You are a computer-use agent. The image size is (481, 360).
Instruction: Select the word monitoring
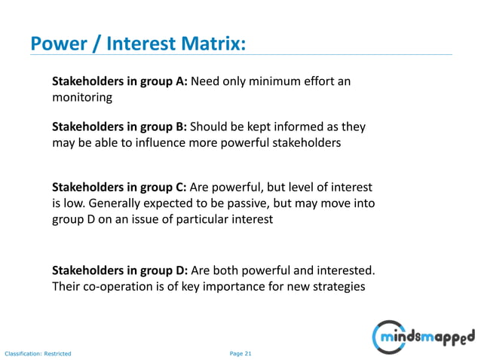(x=81, y=98)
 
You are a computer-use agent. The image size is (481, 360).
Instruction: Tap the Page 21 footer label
(x=240, y=352)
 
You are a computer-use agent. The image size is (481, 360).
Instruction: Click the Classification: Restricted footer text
(x=38, y=352)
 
